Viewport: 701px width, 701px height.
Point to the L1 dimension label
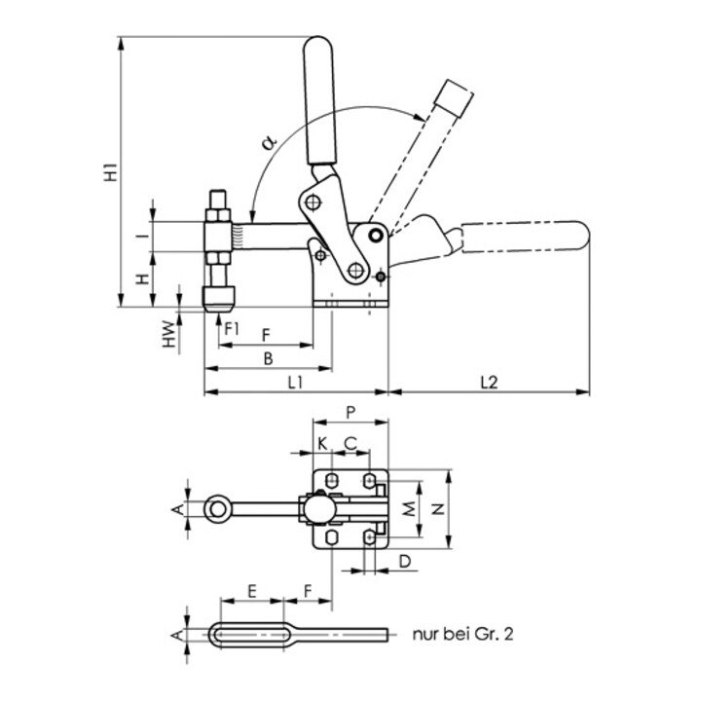point(297,383)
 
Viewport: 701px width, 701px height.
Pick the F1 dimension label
point(231,328)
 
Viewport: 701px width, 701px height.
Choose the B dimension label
point(268,358)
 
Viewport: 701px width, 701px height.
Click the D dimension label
point(402,560)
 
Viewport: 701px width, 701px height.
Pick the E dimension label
point(251,590)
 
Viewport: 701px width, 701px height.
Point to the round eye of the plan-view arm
point(217,507)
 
